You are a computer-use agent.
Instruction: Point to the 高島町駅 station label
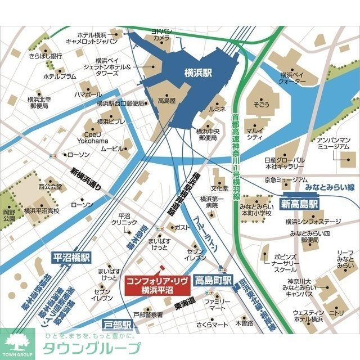[x=214, y=280]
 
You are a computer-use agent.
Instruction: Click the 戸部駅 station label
[x=118, y=325]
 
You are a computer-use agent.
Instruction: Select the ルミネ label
[x=217, y=107]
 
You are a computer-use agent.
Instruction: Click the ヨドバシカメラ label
[x=161, y=34]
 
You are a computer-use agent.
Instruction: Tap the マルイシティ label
[x=255, y=133]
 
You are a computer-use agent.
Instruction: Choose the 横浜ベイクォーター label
[x=292, y=78]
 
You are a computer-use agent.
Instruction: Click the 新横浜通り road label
[x=85, y=179]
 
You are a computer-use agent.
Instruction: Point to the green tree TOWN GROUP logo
[x=17, y=343]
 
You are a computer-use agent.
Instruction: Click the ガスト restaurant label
[x=183, y=227]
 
